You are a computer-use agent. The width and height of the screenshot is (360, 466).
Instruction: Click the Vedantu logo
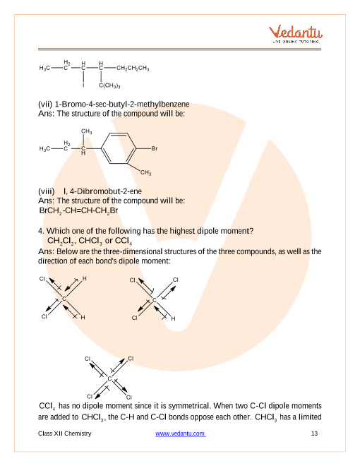coord(296,34)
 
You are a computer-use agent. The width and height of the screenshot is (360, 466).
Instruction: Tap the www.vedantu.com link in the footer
coord(180,434)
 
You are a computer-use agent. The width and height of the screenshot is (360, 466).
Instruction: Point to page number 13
coord(314,434)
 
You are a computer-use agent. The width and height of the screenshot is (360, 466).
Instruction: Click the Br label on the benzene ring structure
coord(155,148)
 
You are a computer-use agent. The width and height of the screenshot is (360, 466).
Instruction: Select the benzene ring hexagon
coord(119,148)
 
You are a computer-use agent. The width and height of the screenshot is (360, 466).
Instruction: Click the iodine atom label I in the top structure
coord(83,85)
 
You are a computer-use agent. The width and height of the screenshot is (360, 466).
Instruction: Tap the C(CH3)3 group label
coord(109,85)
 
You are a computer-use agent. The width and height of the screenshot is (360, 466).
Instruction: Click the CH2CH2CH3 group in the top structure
coord(133,68)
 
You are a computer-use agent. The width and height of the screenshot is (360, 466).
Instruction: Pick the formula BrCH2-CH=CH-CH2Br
coord(79,210)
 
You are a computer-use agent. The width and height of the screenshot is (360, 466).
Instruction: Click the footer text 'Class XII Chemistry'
coord(65,434)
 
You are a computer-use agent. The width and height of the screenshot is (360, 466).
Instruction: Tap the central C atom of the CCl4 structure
coord(109,378)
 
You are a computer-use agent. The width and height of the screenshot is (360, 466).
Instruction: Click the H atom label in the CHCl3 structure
coord(173,318)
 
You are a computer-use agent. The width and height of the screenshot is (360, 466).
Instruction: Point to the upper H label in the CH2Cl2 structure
coord(85,278)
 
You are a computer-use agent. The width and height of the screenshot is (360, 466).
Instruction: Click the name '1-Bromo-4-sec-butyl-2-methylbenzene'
coord(122,104)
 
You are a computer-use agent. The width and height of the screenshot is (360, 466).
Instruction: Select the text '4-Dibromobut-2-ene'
coord(106,191)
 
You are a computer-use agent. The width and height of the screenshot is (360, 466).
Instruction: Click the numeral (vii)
coord(45,104)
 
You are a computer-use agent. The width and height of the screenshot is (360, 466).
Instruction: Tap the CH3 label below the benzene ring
coord(146,172)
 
